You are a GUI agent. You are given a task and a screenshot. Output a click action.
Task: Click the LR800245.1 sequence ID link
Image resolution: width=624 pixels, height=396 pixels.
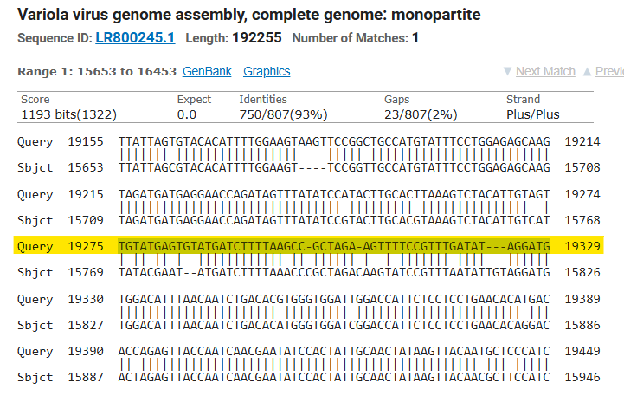[136, 38]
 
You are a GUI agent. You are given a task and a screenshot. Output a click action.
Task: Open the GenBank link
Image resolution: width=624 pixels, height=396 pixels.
[207, 71]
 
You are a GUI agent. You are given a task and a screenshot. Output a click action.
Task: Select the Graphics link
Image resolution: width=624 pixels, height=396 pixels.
[267, 71]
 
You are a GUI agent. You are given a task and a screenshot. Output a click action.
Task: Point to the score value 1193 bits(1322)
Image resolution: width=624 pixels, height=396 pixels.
[68, 114]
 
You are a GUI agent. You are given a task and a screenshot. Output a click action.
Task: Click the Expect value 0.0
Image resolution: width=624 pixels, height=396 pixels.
[187, 114]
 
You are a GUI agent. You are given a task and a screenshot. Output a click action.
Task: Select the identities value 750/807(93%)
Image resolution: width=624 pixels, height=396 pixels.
[285, 114]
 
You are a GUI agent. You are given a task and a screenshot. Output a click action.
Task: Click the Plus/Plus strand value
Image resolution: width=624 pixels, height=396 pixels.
[533, 114]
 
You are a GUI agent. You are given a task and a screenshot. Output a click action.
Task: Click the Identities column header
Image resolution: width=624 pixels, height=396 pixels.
[263, 100]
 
